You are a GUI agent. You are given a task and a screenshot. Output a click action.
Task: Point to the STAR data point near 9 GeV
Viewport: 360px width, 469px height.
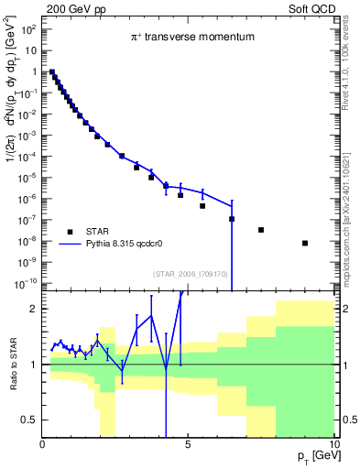305,243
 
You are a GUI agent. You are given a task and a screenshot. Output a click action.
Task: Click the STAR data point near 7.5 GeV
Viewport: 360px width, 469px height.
261,230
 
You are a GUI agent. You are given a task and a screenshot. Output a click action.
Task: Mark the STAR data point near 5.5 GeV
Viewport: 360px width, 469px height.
202,206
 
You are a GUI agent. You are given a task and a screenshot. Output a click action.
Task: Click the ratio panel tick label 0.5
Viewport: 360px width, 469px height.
28,420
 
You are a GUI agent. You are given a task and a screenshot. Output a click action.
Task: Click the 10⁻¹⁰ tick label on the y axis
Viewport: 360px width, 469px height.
27,282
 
